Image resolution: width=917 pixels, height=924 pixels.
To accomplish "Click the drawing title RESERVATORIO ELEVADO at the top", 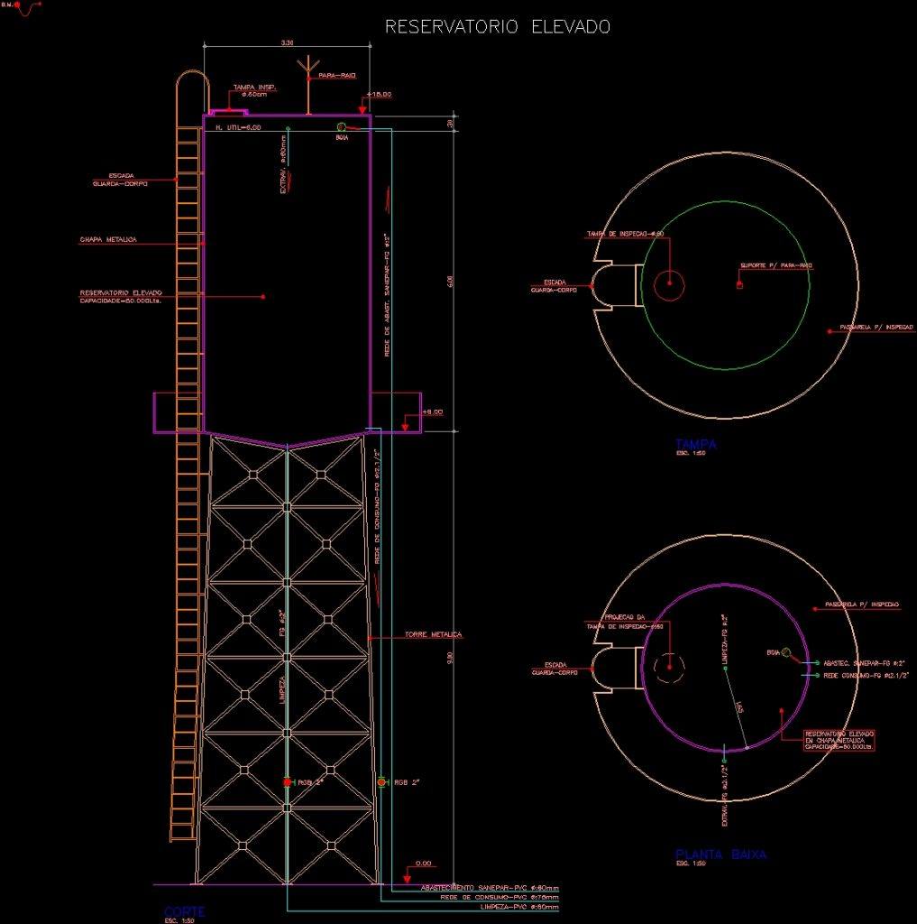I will pyautogui.click(x=498, y=27).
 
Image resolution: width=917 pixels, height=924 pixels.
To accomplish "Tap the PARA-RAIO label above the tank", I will pyautogui.click(x=337, y=76).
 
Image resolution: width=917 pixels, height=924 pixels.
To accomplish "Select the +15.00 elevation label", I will pyautogui.click(x=380, y=94).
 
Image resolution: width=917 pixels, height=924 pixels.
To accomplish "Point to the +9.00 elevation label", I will pyautogui.click(x=433, y=411).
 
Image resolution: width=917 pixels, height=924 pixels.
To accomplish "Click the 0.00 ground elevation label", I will pyautogui.click(x=423, y=864).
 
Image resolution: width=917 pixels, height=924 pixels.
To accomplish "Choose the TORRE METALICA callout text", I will pyautogui.click(x=434, y=634).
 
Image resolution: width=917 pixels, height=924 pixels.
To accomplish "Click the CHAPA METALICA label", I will pyautogui.click(x=107, y=240).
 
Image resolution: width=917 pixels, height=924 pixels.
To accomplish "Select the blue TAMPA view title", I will pyautogui.click(x=695, y=443).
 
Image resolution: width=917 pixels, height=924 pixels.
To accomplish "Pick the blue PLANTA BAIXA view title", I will pyautogui.click(x=720, y=854).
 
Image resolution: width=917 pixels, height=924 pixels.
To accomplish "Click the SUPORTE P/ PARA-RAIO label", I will pyautogui.click(x=776, y=265).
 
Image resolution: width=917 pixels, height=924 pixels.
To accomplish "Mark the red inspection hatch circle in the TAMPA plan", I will pyautogui.click(x=669, y=284).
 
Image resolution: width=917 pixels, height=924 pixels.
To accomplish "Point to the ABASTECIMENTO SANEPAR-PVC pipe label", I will pyautogui.click(x=490, y=887).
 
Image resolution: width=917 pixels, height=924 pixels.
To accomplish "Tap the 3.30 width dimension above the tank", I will pyautogui.click(x=288, y=42).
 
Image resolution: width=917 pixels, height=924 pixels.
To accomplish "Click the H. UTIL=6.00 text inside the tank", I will pyautogui.click(x=238, y=128).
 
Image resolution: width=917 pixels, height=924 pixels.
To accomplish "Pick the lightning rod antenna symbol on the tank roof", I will pyautogui.click(x=308, y=70).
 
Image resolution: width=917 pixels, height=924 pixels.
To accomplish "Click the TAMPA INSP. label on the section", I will pyautogui.click(x=254, y=88).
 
